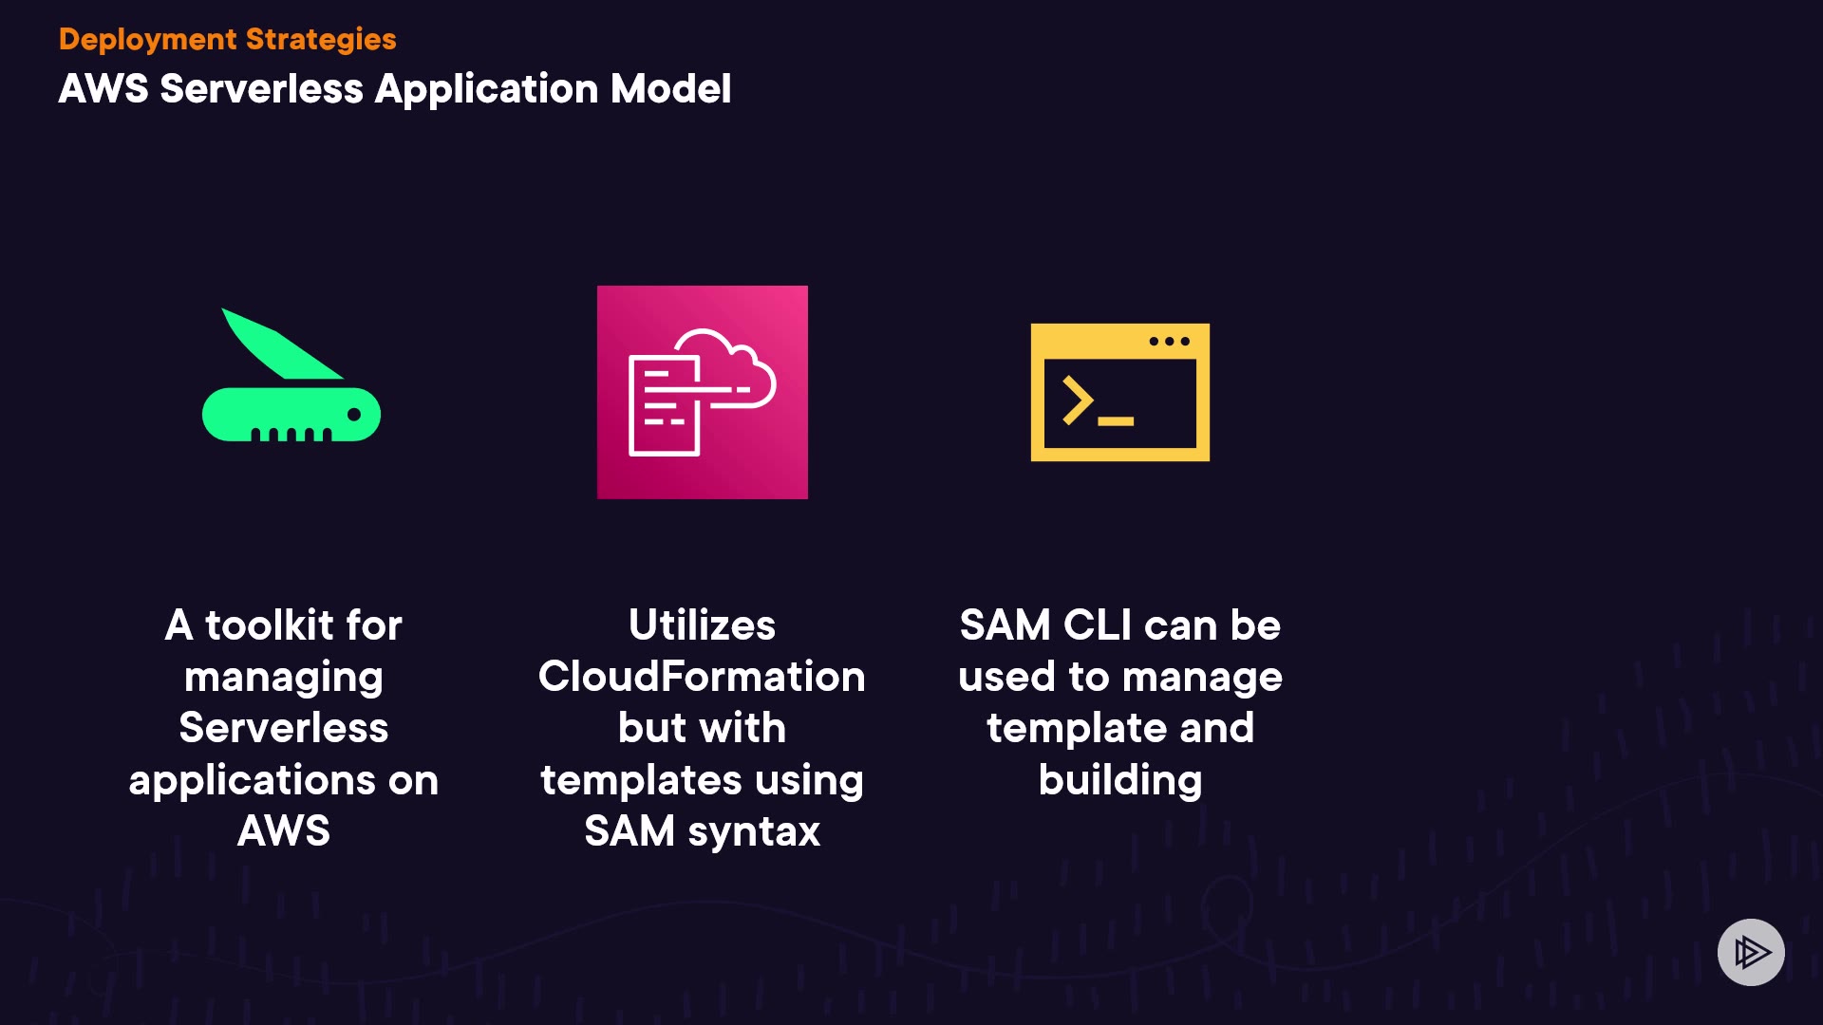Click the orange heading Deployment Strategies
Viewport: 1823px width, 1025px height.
pyautogui.click(x=227, y=39)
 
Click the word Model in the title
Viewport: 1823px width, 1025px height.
pyautogui.click(x=670, y=88)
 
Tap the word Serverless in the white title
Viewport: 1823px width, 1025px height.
pyautogui.click(x=261, y=88)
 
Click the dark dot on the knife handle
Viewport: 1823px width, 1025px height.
pyautogui.click(x=354, y=414)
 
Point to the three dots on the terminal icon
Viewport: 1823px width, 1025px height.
pyautogui.click(x=1169, y=341)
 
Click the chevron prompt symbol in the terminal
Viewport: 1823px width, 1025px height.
pyautogui.click(x=1078, y=400)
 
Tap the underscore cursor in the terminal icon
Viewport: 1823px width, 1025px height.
pyautogui.click(x=1116, y=420)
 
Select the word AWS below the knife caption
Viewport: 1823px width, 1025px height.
pyautogui.click(x=284, y=831)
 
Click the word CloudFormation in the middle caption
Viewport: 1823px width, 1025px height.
pyautogui.click(x=702, y=677)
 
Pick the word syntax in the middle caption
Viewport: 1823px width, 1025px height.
pyautogui.click(x=754, y=831)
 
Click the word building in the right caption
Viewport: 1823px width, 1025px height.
pyautogui.click(x=1120, y=780)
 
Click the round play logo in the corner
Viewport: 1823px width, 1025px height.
pyautogui.click(x=1751, y=952)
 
